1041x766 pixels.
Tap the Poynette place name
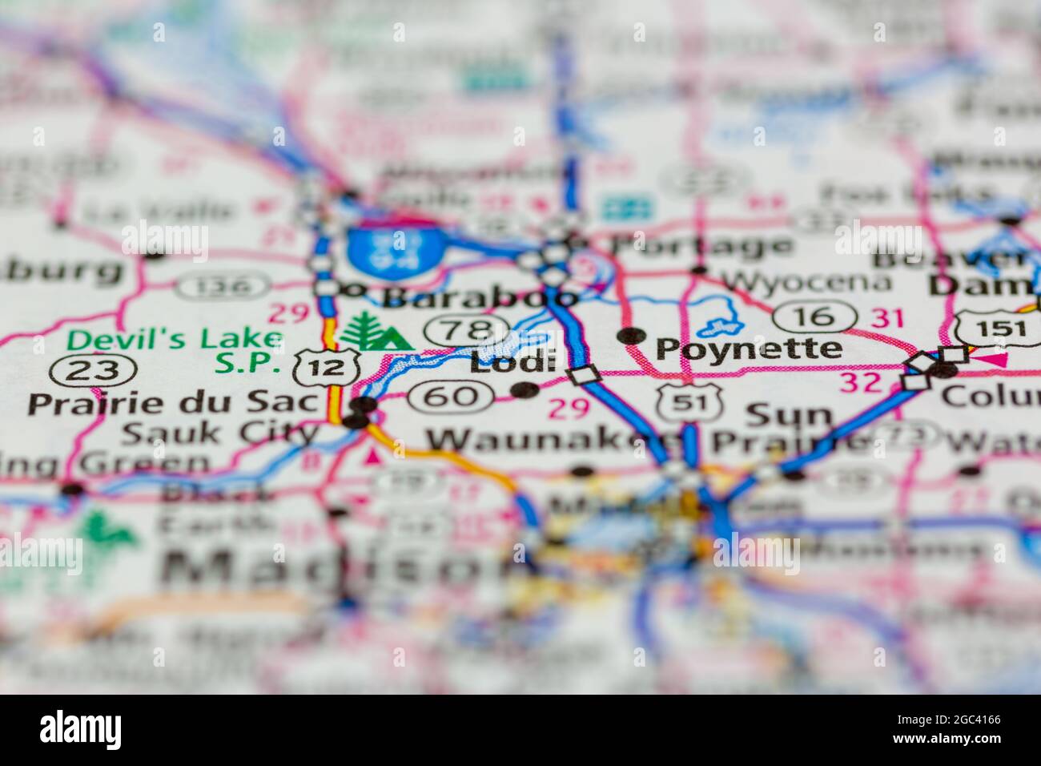point(749,349)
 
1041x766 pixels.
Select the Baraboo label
point(478,297)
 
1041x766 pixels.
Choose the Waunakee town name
point(553,440)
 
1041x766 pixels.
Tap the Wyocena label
point(806,281)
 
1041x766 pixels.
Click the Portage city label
point(702,246)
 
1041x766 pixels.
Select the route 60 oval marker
point(449,395)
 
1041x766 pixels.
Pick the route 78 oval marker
point(468,329)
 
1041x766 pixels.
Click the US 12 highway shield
point(314,368)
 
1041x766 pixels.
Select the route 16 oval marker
point(816,315)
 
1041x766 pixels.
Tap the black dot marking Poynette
point(632,336)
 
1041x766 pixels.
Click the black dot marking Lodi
point(525,390)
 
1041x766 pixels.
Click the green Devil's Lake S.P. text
point(175,351)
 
